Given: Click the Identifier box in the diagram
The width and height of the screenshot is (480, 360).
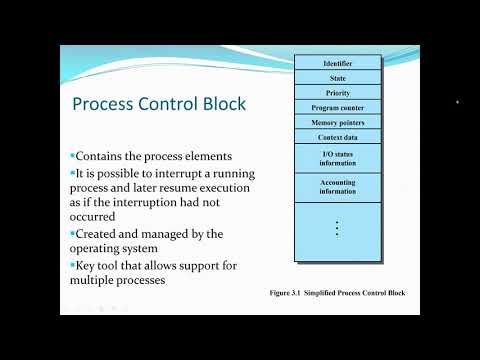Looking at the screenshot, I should [338, 64].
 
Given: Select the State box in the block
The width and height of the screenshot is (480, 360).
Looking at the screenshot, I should [338, 78].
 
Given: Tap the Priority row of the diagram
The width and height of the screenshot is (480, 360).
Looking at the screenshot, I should [338, 92].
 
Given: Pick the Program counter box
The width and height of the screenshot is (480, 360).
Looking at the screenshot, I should [338, 107].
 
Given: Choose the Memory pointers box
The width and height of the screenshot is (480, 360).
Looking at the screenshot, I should [338, 122].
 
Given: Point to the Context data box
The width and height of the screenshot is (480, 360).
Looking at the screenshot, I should [338, 136].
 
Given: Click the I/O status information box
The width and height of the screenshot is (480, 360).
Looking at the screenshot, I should [338, 158].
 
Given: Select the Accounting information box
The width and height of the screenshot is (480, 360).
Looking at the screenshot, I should [338, 187].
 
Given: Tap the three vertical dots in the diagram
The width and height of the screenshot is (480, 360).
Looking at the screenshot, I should [338, 227].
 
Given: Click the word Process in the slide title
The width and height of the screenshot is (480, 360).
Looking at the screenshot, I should [109, 106].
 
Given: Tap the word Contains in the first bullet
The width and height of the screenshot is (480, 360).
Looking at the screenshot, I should [104, 157].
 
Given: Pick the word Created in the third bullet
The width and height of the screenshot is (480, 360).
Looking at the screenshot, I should [100, 233].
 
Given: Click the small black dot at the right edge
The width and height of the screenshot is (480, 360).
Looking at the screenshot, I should [457, 101].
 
